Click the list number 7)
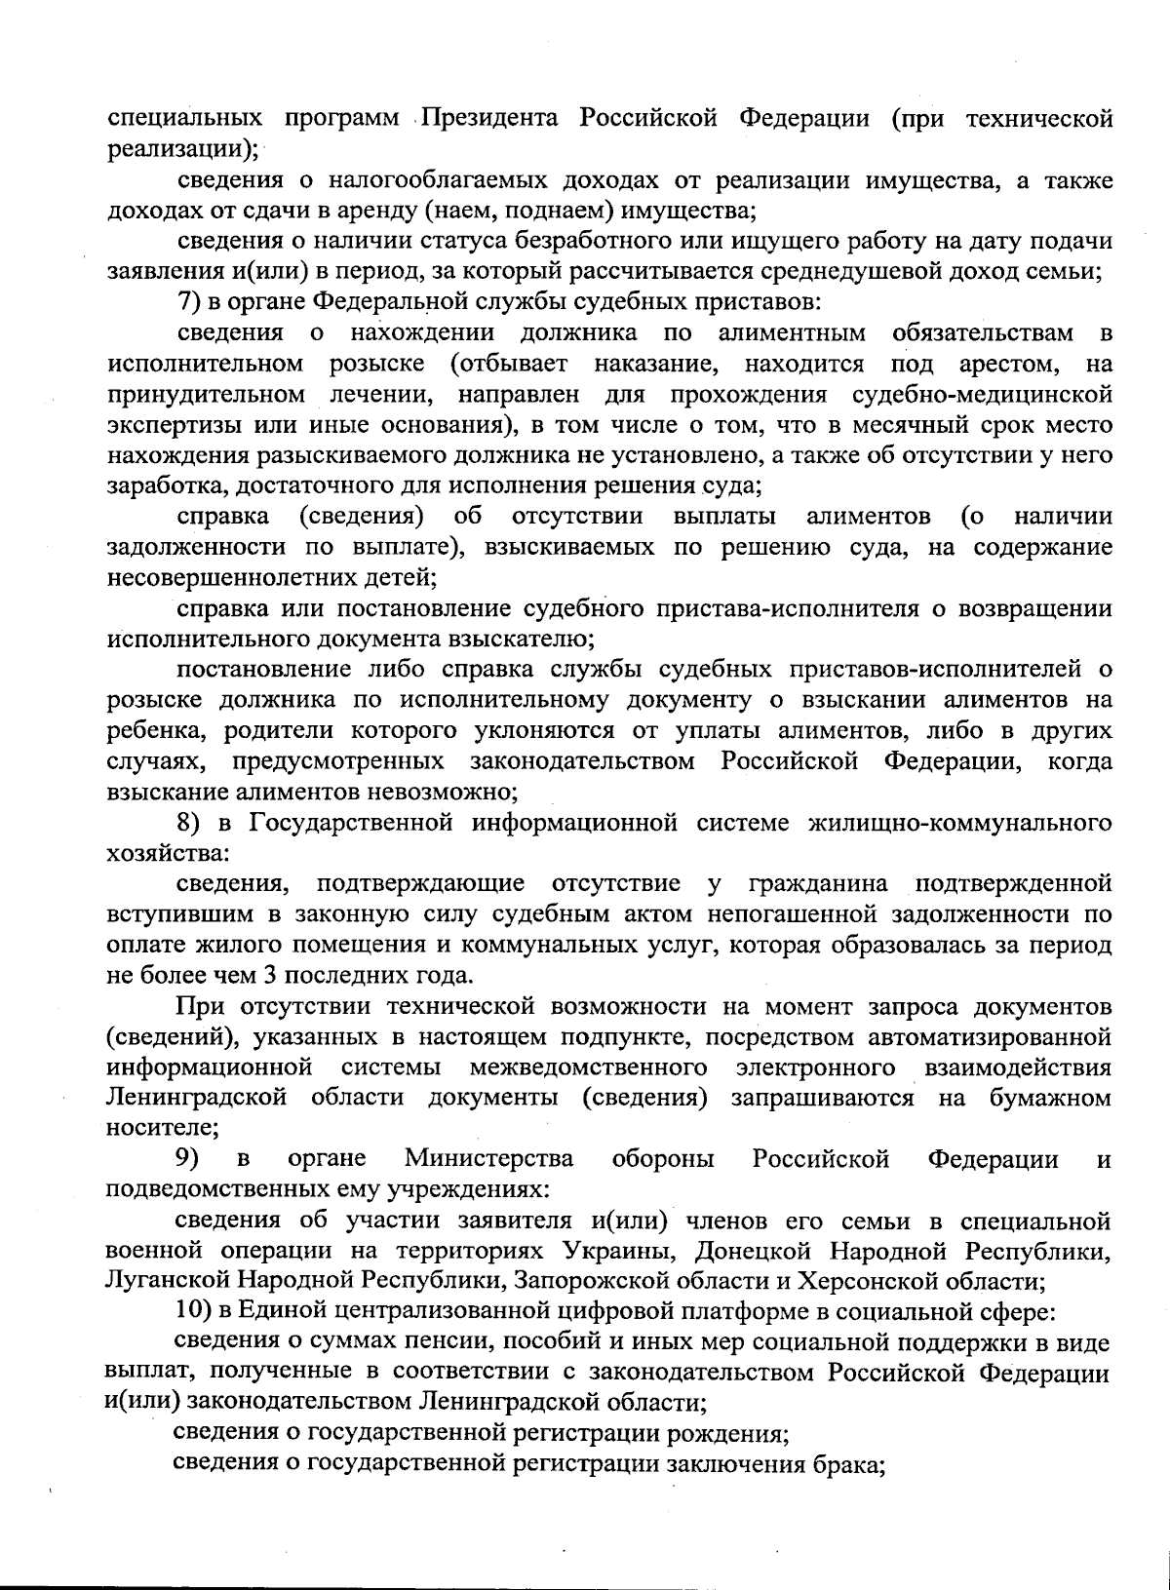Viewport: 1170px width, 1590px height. (x=190, y=303)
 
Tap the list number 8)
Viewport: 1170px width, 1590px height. (x=202, y=823)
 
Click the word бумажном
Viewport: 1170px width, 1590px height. (x=1050, y=1099)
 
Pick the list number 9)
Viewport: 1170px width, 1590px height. (x=188, y=1160)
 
